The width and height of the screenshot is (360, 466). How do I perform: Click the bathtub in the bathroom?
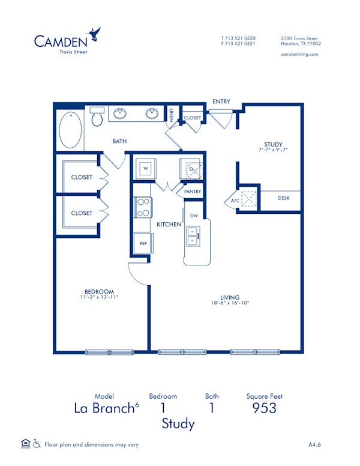[71, 129]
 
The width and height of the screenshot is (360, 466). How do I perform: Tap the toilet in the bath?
[97, 118]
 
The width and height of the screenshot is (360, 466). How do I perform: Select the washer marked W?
[145, 169]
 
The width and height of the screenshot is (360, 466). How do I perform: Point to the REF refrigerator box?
[143, 243]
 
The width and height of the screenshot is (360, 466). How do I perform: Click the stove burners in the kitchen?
[143, 207]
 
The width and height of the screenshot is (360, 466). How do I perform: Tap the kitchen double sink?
[194, 236]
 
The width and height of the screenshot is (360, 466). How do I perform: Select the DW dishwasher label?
[194, 215]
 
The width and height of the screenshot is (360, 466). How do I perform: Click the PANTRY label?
[193, 192]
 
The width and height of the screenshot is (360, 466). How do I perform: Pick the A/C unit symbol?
[248, 199]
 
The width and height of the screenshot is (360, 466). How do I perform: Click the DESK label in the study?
[284, 198]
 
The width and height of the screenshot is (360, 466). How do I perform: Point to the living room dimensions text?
[230, 303]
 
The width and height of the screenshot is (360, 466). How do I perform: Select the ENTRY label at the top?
[221, 101]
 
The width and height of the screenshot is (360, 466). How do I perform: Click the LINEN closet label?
[171, 115]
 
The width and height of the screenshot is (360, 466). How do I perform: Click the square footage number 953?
[264, 408]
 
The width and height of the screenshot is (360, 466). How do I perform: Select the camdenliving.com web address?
[299, 54]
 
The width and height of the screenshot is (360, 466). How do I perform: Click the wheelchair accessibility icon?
[37, 444]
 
